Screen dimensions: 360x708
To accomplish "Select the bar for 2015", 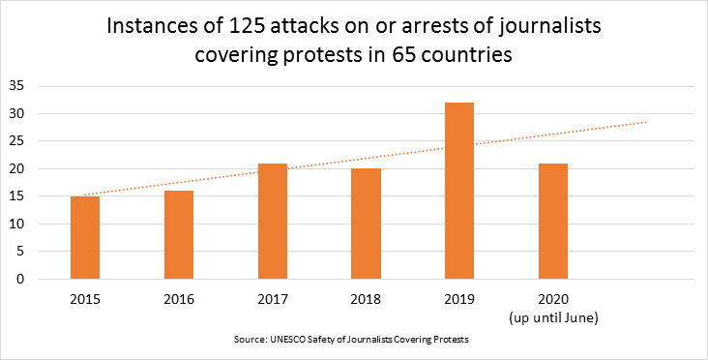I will (85, 238).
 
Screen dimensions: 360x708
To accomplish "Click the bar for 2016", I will (179, 235).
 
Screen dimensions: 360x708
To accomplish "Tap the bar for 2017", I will (273, 222).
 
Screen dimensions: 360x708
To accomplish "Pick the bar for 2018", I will (366, 225).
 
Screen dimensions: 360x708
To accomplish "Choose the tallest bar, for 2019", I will (459, 191).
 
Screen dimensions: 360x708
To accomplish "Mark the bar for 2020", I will (553, 222).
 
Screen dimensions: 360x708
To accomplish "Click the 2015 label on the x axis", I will (85, 299).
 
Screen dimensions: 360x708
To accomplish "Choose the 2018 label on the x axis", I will (366, 299).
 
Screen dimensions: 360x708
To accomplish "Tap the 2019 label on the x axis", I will (459, 299).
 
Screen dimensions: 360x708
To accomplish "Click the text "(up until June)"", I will (553, 315).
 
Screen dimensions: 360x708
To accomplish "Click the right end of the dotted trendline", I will (646, 122).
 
